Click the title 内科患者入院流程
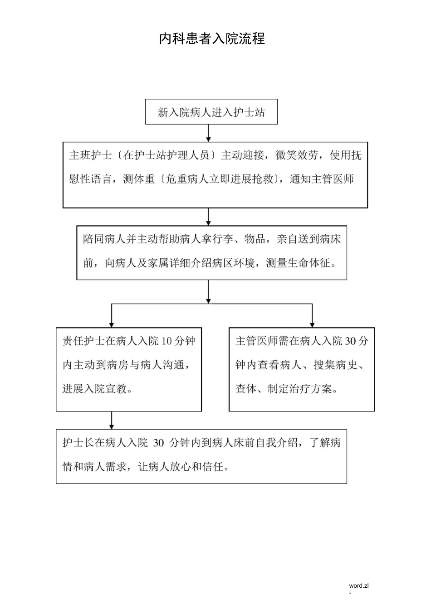tap(212, 39)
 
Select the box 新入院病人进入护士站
tap(211, 112)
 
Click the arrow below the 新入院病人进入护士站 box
tap(208, 134)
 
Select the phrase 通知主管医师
tap(322, 179)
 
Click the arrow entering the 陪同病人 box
tap(208, 217)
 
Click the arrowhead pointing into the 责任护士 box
tap(112, 324)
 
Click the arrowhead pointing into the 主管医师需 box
tap(312, 324)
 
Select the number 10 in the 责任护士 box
tap(167, 341)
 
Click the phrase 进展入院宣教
tap(94, 389)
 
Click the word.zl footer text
tap(359, 585)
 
